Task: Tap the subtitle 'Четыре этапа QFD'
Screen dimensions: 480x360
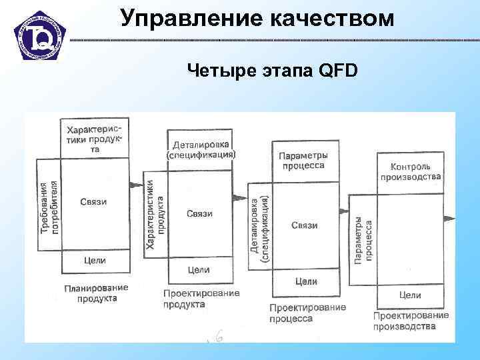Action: pos(272,70)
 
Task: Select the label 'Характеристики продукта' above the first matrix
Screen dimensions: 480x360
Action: pos(95,138)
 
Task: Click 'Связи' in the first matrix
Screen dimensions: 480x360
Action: pos(93,202)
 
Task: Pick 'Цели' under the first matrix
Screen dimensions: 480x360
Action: pos(95,261)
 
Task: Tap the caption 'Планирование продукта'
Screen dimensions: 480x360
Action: pos(96,293)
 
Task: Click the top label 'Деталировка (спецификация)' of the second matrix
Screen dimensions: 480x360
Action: pos(201,149)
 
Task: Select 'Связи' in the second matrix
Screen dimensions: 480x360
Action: pos(199,213)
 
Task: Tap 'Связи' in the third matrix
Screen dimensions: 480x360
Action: pos(304,225)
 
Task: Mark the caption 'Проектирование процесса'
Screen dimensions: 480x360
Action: pos(307,313)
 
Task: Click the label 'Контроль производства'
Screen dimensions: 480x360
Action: pos(411,171)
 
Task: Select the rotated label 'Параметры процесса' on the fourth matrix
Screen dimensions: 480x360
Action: pos(363,240)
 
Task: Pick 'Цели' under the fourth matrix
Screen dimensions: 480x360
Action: pos(410,295)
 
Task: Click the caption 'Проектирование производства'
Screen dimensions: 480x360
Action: pos(411,321)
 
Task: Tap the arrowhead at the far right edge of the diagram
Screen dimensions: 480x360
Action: pos(451,219)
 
